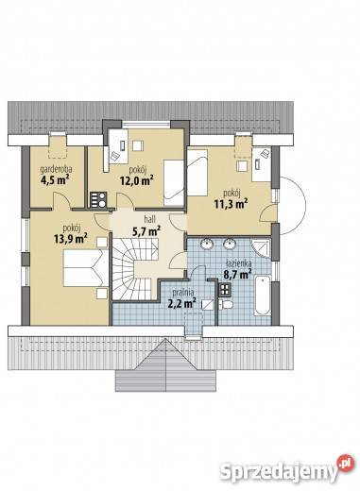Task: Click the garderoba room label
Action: [x=56, y=169]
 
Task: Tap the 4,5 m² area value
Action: [x=55, y=180]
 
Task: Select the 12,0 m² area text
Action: [x=136, y=180]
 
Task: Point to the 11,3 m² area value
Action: [x=231, y=204]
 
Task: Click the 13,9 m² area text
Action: [x=71, y=238]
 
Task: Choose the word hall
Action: [x=149, y=219]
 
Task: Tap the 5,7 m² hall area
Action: [x=146, y=231]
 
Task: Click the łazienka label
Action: [x=238, y=263]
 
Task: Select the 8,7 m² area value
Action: [x=237, y=274]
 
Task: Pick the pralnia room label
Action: [x=185, y=292]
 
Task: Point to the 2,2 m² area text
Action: [x=181, y=303]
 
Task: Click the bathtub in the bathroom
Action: [x=263, y=296]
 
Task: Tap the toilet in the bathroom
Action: [x=225, y=304]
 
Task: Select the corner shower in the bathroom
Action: [x=261, y=248]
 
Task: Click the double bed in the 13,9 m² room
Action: [x=86, y=267]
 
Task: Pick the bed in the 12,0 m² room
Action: [x=174, y=183]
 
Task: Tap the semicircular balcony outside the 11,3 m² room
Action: [x=293, y=205]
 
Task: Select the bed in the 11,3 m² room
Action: [x=197, y=173]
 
